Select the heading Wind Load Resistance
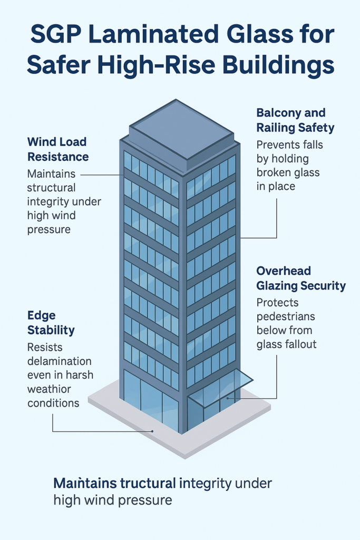57,149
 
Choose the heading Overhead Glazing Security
300,278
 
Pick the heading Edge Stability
51,323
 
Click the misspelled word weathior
48,389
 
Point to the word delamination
59,361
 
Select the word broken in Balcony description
275,172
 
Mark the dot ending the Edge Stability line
152,431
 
